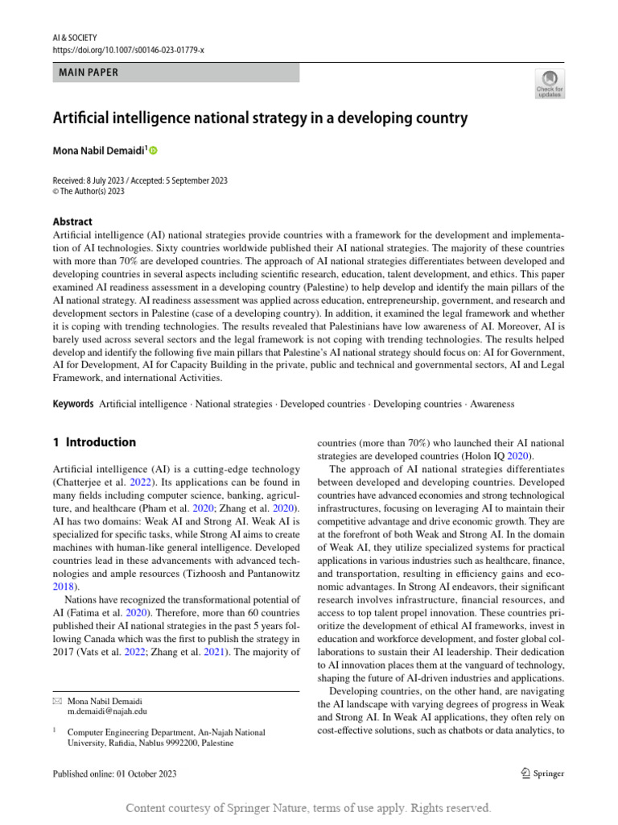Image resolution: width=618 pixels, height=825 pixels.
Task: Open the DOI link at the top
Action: pos(128,50)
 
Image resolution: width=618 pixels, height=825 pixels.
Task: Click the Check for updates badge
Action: pos(550,83)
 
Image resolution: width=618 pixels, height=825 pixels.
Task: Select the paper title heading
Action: pos(260,118)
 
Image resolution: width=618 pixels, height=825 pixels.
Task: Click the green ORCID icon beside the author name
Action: pos(154,151)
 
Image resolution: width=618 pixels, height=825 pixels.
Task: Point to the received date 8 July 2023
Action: pos(103,180)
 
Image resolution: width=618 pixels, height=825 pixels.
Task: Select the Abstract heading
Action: pos(72,222)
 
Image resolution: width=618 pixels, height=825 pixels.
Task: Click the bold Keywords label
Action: pos(72,404)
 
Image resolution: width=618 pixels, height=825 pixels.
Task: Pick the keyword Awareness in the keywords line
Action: pos(492,404)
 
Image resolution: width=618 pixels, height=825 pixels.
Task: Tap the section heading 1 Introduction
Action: pos(94,442)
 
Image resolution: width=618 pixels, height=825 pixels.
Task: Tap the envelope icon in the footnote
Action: pos(56,701)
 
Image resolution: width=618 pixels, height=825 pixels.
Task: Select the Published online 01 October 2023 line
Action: pos(114,773)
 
